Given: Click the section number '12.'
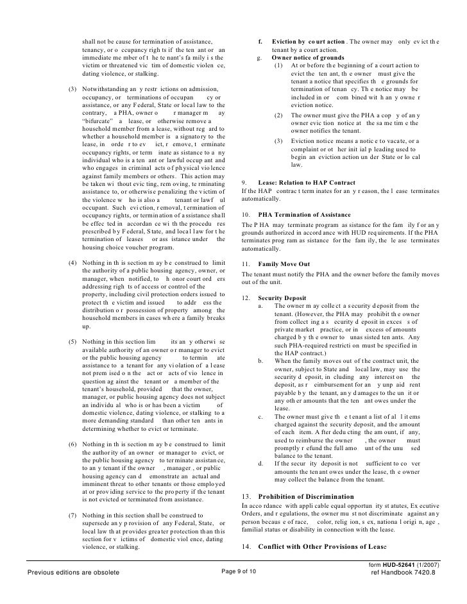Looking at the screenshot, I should pyautogui.click(x=244, y=298).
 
